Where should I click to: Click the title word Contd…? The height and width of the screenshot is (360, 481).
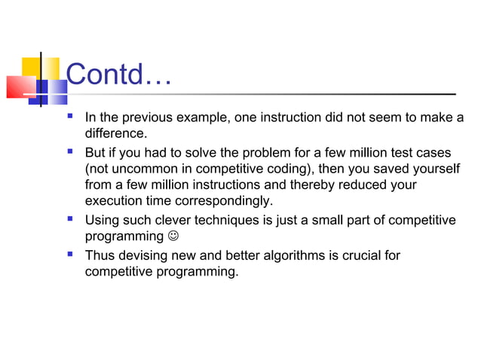tap(119, 74)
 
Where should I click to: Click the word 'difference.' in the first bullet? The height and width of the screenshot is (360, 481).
tap(115, 134)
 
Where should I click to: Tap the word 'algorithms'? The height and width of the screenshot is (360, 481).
tap(291, 255)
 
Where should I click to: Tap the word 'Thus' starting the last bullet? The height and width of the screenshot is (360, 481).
tap(100, 255)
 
